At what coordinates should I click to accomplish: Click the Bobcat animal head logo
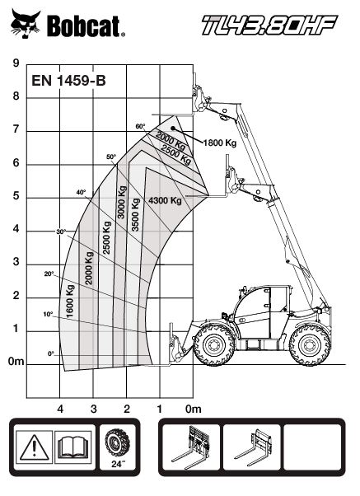pos(26,24)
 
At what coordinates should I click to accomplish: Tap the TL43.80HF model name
pos(269,25)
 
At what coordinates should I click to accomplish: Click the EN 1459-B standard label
pos(68,81)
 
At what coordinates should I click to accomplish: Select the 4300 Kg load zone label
pos(165,200)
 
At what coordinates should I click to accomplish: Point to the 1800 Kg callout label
pos(220,143)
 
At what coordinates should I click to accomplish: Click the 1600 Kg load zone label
pos(70,302)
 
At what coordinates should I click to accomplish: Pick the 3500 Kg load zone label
pos(135,215)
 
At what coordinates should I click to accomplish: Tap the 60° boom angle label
pos(140,126)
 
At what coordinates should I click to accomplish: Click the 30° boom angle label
pos(61,232)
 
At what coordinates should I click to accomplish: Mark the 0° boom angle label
pos(51,354)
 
